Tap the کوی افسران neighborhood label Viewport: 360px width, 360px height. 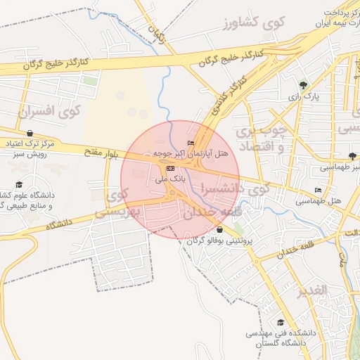(50, 110)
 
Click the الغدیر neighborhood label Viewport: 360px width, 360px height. (311, 290)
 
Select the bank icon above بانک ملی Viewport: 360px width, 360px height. (170, 169)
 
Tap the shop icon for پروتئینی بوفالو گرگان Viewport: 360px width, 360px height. (220, 230)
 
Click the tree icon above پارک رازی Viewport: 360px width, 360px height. (304, 84)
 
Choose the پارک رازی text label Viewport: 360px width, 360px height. (305, 96)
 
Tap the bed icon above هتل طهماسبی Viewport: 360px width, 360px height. (318, 190)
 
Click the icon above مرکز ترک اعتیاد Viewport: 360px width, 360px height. (30, 133)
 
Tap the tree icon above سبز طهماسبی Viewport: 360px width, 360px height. (352, 156)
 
